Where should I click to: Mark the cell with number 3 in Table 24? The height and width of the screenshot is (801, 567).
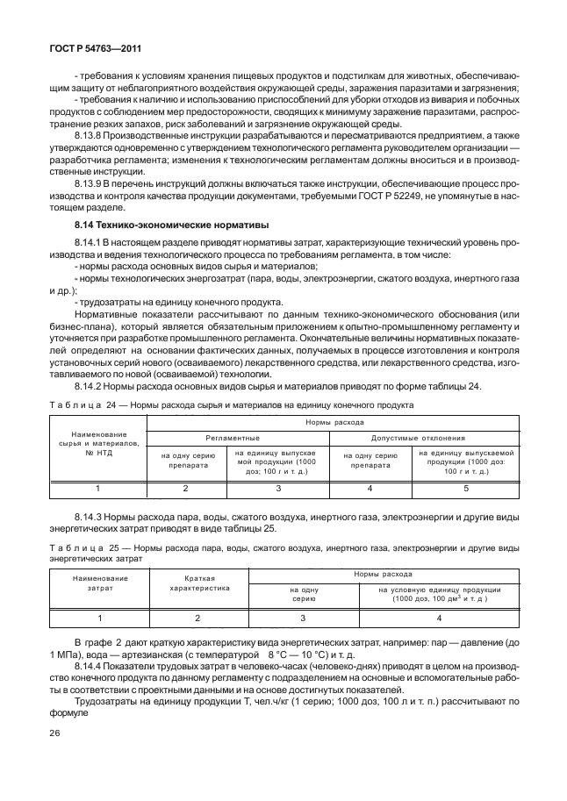(278, 487)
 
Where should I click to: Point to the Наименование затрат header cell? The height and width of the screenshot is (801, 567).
(100, 583)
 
